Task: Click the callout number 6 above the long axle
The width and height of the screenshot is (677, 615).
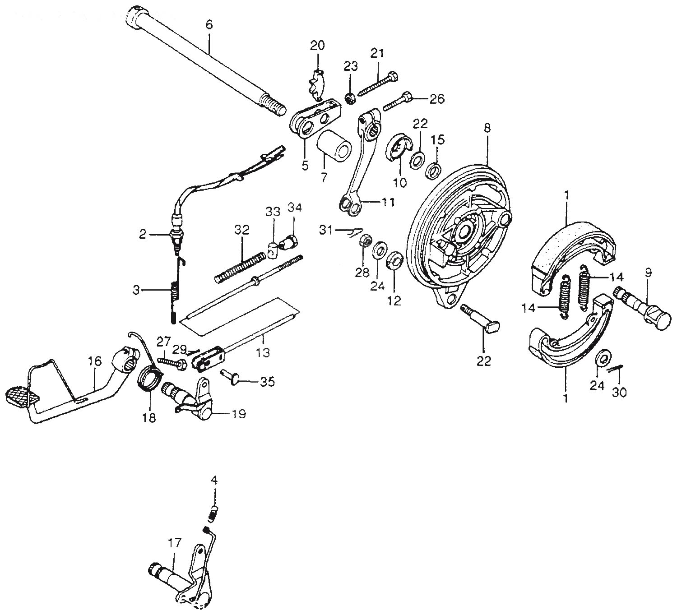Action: click(x=209, y=25)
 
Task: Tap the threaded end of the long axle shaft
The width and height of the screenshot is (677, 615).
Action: click(x=272, y=105)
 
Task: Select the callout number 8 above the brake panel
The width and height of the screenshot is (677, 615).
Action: click(x=487, y=128)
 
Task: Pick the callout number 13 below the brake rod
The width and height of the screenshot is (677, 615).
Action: click(x=263, y=353)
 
